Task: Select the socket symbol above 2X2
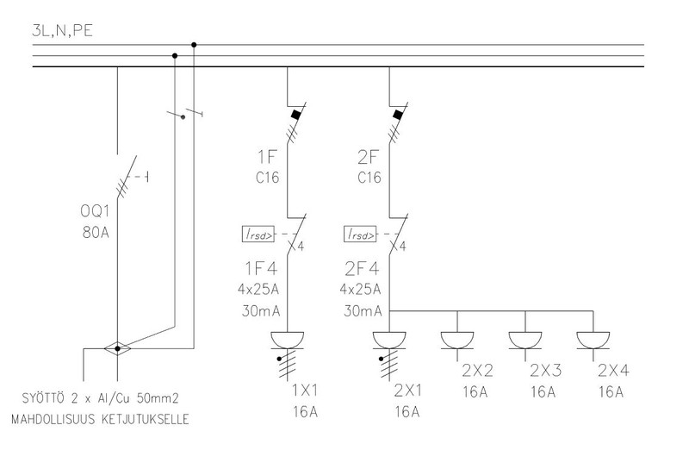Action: [458, 338]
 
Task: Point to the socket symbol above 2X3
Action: [525, 338]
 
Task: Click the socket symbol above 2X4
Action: [593, 338]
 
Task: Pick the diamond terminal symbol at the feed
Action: [118, 348]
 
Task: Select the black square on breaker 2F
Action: [398, 113]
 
